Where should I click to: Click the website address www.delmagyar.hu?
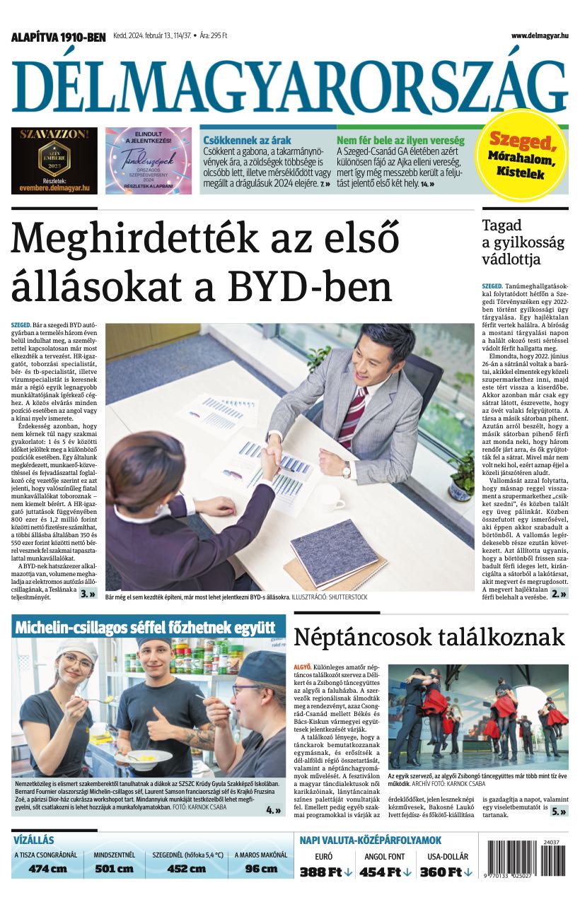(x=539, y=35)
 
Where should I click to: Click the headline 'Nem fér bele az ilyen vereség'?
(x=400, y=140)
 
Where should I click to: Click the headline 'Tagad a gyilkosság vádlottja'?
(x=523, y=242)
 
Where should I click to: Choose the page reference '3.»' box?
(x=88, y=594)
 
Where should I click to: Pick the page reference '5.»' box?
(x=559, y=812)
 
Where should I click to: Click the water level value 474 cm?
(x=47, y=869)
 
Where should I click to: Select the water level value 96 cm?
(x=261, y=869)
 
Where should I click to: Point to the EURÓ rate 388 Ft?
(x=325, y=872)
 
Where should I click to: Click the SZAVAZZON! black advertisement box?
(x=54, y=160)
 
